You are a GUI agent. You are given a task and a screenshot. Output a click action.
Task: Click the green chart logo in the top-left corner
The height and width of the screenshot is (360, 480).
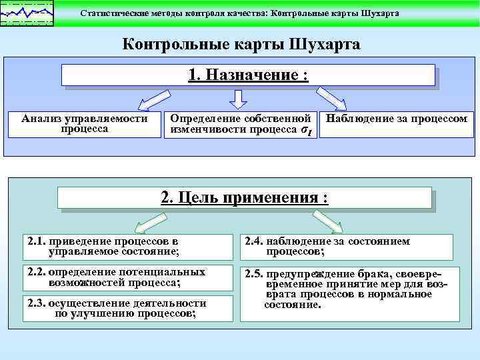[x=27, y=13]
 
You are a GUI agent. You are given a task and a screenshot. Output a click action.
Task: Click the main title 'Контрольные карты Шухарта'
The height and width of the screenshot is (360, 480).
[x=241, y=45]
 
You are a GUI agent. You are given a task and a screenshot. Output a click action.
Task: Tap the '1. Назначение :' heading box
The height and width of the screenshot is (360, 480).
[x=248, y=75]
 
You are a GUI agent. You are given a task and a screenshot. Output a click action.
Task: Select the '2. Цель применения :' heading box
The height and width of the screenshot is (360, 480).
[x=245, y=197]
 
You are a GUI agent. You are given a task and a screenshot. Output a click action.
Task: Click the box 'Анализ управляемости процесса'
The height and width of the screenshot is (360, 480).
[x=85, y=124]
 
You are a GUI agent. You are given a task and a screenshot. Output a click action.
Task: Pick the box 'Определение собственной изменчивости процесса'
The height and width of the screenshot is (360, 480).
[x=241, y=124]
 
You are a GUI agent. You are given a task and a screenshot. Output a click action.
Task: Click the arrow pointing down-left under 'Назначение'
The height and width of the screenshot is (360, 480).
[x=151, y=100]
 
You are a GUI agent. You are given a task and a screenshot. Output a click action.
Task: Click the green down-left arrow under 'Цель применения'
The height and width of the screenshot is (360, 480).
[x=149, y=221]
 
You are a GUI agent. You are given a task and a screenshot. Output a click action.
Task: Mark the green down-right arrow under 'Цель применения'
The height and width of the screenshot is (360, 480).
[x=327, y=221]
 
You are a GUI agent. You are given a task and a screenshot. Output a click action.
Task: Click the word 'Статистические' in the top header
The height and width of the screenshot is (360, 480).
[x=113, y=13]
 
